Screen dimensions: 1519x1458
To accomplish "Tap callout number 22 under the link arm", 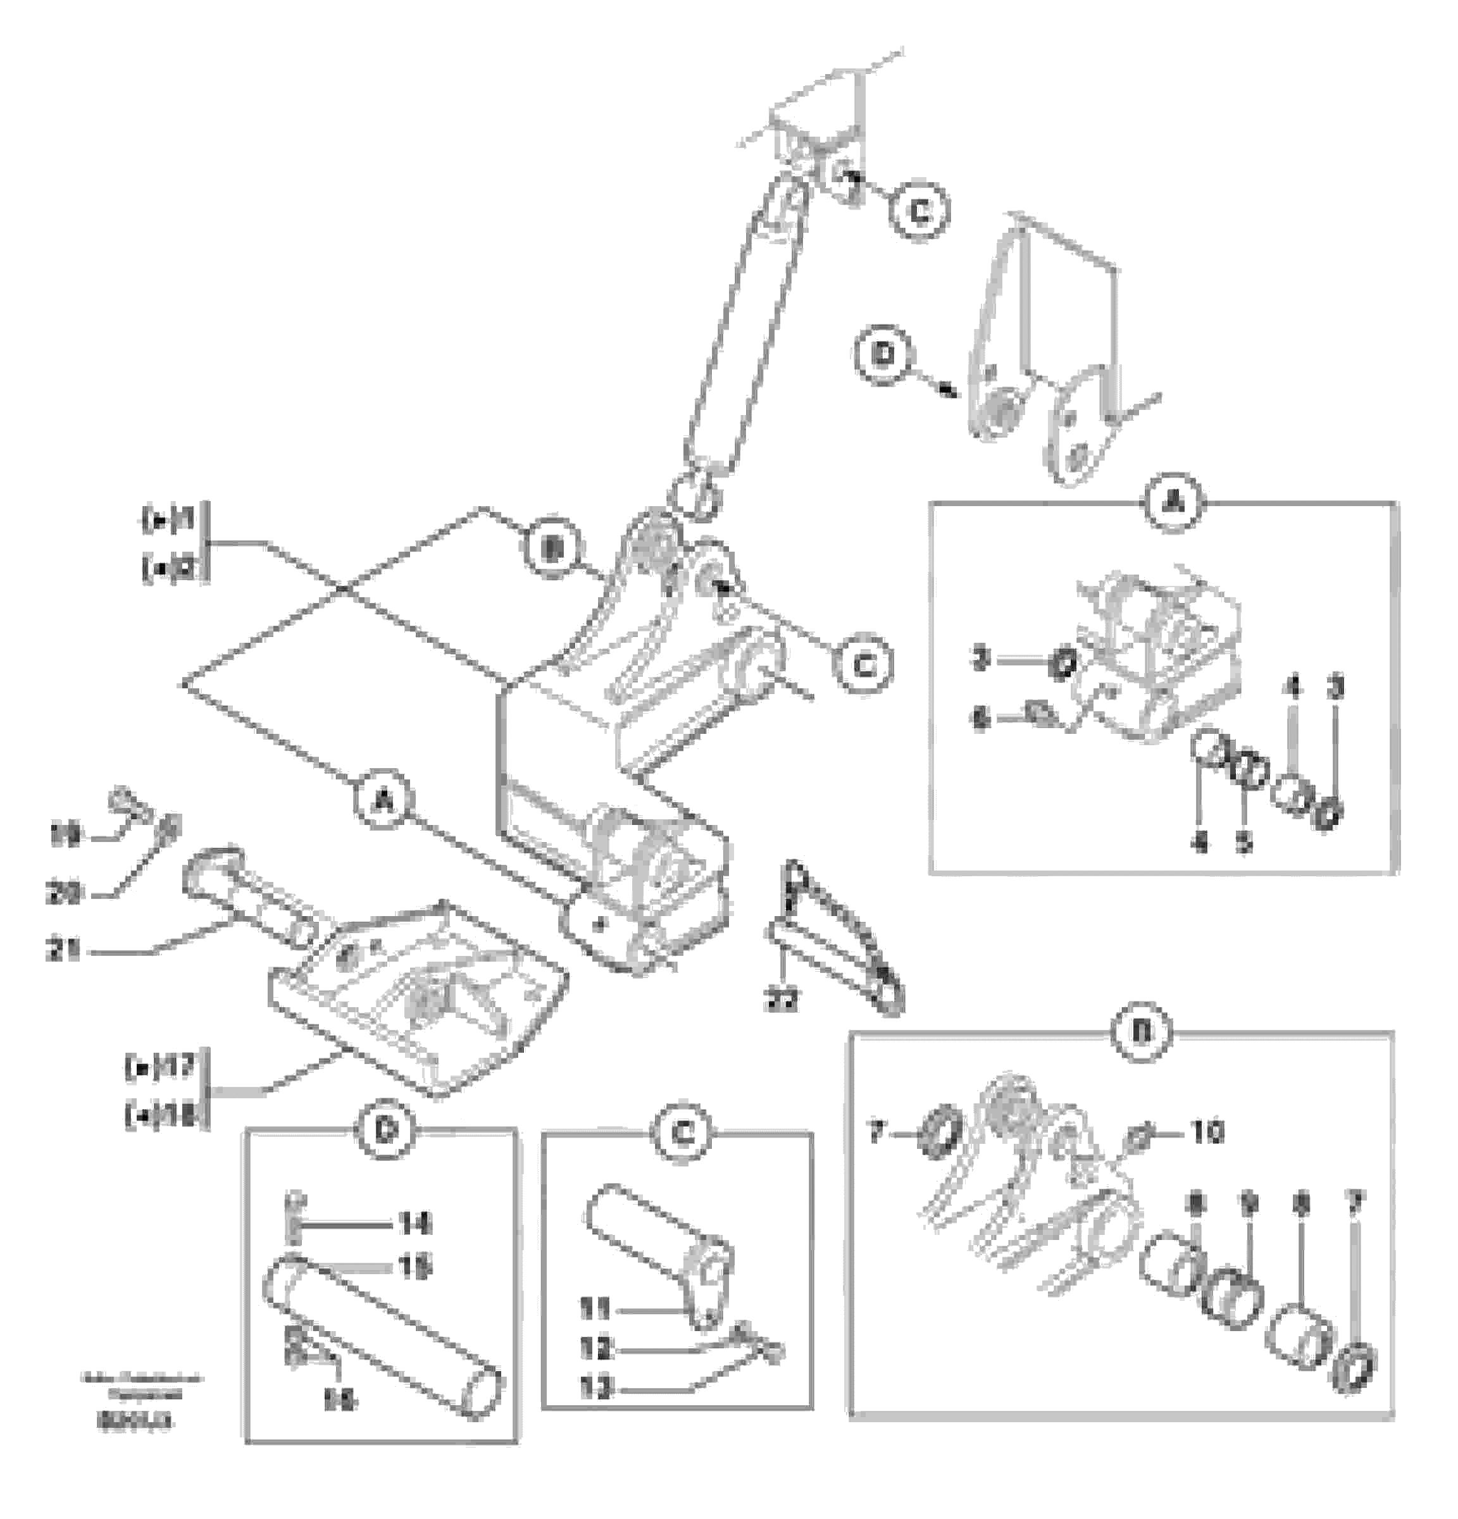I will coord(780,1000).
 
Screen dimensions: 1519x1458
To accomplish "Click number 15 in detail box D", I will coord(414,1268).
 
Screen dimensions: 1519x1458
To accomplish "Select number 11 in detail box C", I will coord(595,1310).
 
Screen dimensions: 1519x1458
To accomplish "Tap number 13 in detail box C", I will coord(595,1388).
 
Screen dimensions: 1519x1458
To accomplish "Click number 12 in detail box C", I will coord(595,1349).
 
